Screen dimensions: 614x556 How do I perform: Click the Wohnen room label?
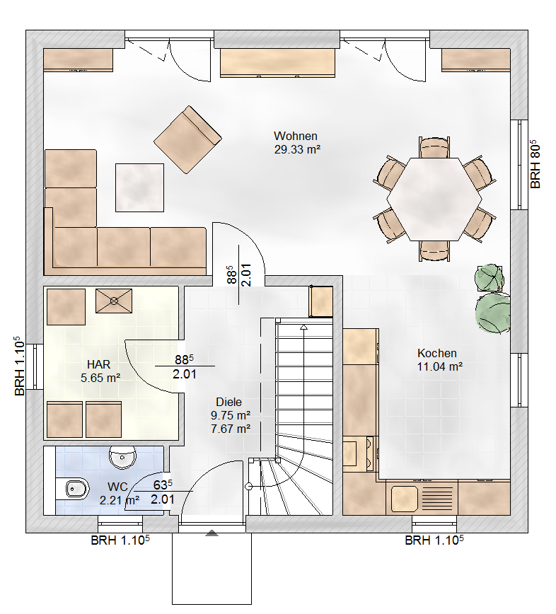pyautogui.click(x=296, y=136)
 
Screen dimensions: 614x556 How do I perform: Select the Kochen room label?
pyautogui.click(x=436, y=353)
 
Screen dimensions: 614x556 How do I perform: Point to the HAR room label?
pyautogui.click(x=98, y=364)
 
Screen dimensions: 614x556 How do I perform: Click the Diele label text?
pyautogui.click(x=228, y=402)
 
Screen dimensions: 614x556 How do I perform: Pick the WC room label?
pyautogui.click(x=117, y=487)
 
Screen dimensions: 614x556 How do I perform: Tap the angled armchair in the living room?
pyautogui.click(x=187, y=139)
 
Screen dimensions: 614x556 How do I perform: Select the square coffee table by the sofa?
pyautogui.click(x=140, y=187)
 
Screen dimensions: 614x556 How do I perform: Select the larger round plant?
pyautogui.click(x=493, y=311)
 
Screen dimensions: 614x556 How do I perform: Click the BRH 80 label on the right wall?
pyautogui.click(x=535, y=164)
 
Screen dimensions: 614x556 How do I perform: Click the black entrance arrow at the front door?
pyautogui.click(x=211, y=533)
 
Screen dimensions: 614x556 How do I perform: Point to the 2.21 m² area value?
pyautogui.click(x=119, y=499)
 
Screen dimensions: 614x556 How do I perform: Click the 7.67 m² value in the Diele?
pyautogui.click(x=231, y=428)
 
